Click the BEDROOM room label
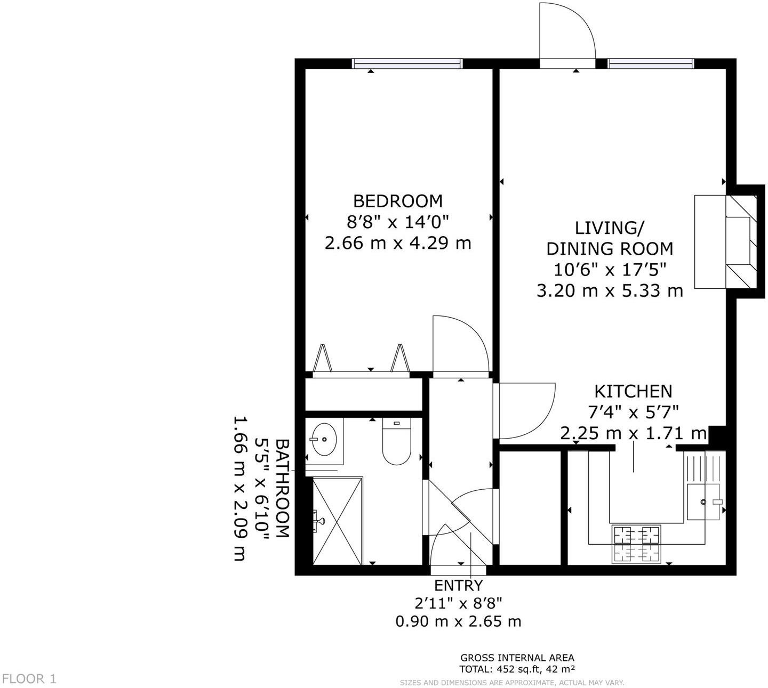click(x=398, y=201)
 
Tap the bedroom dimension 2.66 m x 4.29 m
click(x=398, y=243)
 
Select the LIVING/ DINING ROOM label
click(x=610, y=238)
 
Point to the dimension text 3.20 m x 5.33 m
click(x=610, y=290)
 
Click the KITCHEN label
click(x=633, y=391)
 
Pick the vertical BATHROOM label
click(x=282, y=488)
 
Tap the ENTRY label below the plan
click(x=458, y=585)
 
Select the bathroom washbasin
click(x=324, y=439)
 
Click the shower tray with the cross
click(x=337, y=520)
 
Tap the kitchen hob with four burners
click(x=637, y=544)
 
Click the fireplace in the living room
click(x=725, y=242)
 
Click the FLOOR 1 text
click(x=29, y=678)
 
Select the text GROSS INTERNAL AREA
click(x=517, y=658)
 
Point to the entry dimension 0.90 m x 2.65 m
click(x=458, y=621)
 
